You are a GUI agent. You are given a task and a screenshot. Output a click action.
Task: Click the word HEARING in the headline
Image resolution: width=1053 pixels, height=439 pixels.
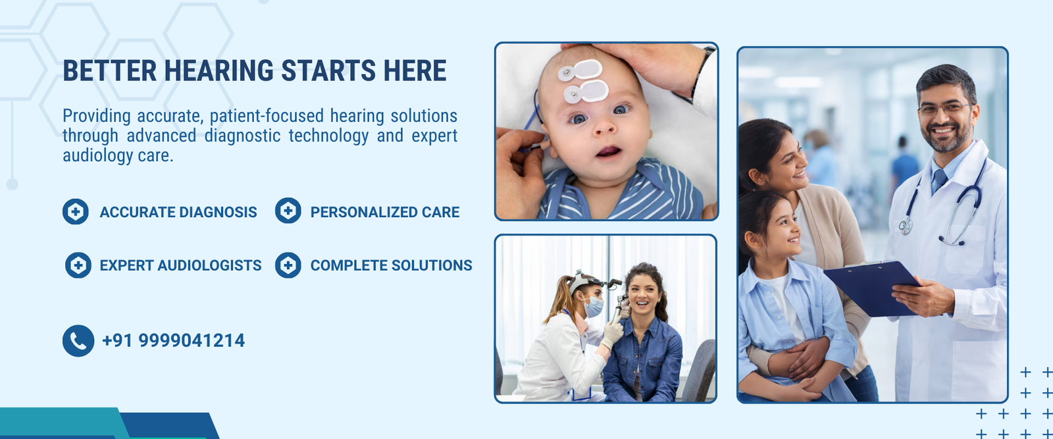tap(218, 71)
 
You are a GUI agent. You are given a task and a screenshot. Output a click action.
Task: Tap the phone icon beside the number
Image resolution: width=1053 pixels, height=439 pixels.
tap(78, 341)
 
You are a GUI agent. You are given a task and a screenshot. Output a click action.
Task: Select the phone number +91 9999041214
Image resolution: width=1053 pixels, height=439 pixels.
tap(173, 341)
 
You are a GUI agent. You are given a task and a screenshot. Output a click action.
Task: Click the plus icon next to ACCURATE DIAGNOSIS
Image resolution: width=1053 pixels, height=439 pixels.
tap(76, 211)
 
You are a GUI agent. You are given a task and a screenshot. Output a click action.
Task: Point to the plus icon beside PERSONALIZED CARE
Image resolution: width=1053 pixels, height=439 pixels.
tap(288, 211)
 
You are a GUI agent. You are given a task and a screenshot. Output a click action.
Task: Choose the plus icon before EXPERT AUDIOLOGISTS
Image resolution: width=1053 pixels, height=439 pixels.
tap(78, 265)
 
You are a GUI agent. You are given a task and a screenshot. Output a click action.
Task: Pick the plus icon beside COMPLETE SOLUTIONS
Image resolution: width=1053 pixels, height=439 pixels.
tap(288, 265)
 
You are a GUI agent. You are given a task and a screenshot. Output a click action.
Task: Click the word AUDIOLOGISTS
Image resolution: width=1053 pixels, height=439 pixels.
tap(209, 265)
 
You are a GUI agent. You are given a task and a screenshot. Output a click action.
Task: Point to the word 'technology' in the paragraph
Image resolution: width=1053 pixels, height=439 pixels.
tap(328, 136)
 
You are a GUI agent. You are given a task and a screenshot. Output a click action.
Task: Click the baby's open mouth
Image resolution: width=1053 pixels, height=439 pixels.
tap(608, 152)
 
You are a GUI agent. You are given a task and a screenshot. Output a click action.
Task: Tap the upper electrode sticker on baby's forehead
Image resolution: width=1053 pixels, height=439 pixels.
tap(580, 70)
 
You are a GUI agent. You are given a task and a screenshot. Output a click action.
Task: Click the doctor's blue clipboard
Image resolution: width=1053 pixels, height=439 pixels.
tap(872, 288)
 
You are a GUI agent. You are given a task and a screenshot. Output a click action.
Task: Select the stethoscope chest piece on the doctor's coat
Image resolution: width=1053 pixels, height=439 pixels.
tap(905, 226)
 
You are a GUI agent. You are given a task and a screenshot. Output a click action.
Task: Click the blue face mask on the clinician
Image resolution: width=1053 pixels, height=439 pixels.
tap(593, 307)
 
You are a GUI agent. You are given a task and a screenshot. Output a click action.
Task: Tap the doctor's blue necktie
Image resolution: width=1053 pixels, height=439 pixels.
tap(938, 180)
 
